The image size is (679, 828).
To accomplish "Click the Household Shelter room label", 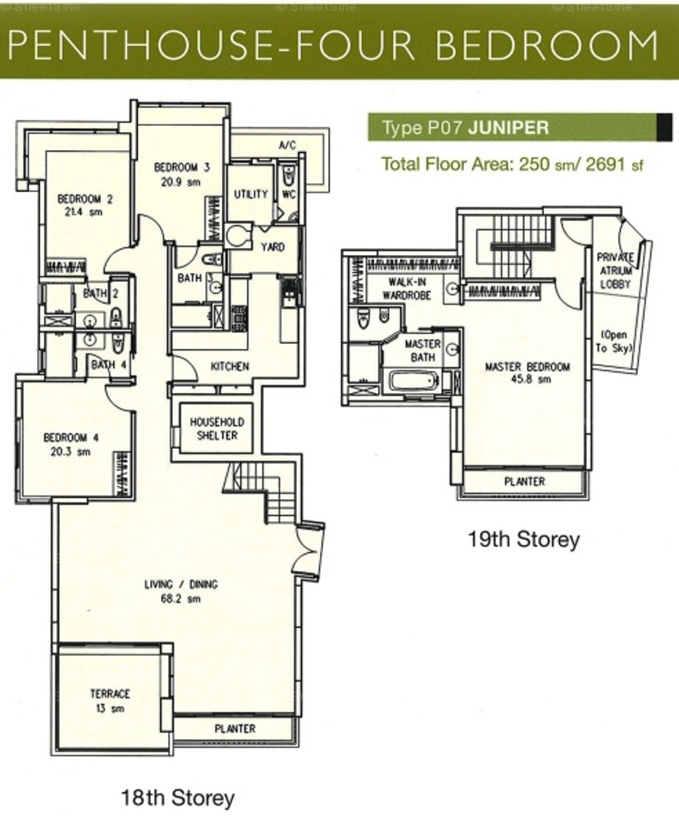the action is point(217,429).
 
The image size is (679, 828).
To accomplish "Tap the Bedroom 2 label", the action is point(85,199).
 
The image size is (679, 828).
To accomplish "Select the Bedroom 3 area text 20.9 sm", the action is point(182,182).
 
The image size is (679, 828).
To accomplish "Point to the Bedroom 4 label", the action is point(72,438).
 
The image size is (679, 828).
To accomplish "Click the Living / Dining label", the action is point(181,584).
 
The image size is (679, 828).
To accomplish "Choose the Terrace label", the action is point(110,693).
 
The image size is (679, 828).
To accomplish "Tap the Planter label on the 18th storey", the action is point(235,728).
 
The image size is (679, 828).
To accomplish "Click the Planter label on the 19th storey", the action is point(524,482).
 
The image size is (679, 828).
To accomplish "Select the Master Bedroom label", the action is point(527,366).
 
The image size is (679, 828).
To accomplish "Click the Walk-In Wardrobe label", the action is point(407,288).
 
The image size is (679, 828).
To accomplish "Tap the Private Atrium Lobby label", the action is point(616,271).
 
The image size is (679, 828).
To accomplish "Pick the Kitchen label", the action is point(230,366).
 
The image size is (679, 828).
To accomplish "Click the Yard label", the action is point(272,247).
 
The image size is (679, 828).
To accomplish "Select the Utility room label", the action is point(251,195).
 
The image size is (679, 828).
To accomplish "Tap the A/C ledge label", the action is point(287,146).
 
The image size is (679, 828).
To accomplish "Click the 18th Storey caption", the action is point(178,797).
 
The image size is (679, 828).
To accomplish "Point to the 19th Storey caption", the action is point(524,540).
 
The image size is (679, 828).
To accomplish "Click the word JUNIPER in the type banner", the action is point(508,127).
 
